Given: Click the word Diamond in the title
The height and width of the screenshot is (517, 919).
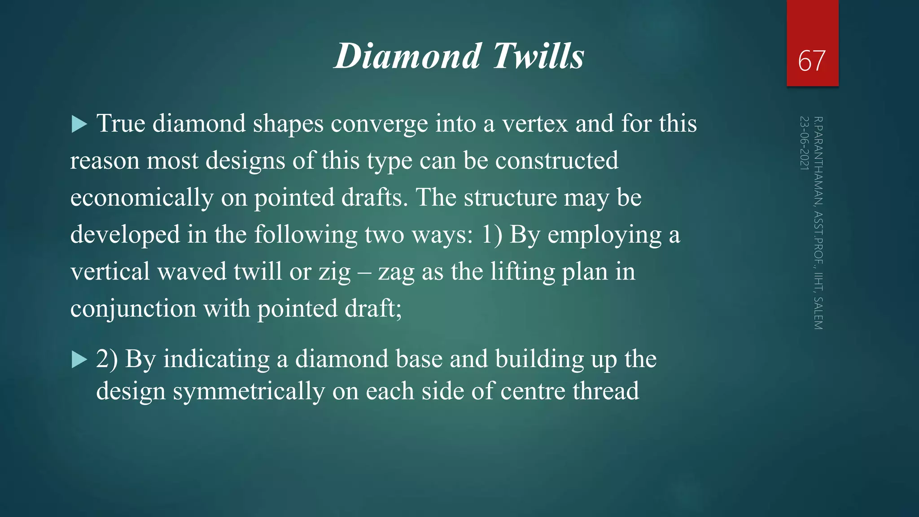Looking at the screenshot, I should (x=408, y=56).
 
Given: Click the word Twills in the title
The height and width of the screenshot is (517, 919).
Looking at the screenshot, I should (x=538, y=56).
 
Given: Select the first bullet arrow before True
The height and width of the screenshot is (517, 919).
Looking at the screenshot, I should (x=79, y=124).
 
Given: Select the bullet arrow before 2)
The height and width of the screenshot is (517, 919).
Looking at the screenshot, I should (x=79, y=359).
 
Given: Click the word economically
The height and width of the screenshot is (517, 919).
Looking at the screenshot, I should (x=142, y=198).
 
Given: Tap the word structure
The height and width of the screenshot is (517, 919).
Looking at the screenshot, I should (x=510, y=197).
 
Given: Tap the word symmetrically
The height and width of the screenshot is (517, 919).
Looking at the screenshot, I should (x=249, y=391).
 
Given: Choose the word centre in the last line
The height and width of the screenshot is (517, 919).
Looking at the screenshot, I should (x=533, y=391).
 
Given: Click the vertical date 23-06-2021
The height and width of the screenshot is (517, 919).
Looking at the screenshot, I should (x=805, y=143).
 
